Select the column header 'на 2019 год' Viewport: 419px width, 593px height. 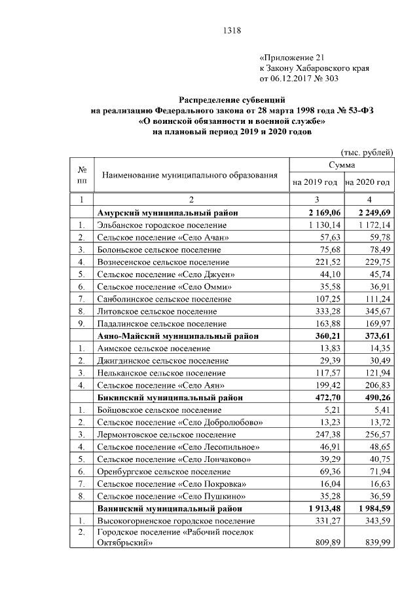(315, 182)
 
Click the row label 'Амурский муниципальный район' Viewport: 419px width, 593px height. (167, 212)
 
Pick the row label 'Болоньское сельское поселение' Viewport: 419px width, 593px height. (159, 250)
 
